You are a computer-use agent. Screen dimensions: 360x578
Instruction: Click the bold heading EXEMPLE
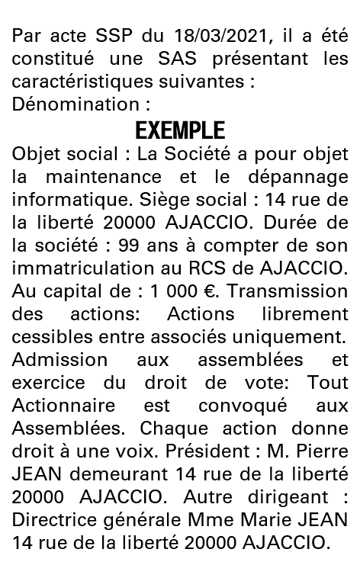180,130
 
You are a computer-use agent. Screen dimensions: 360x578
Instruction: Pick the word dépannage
301,177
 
